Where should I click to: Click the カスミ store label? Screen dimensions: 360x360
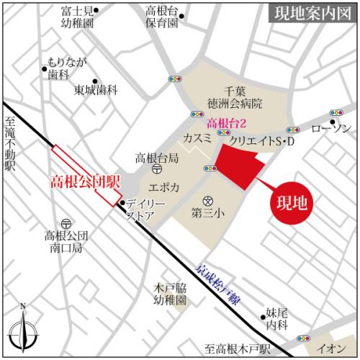click(197, 137)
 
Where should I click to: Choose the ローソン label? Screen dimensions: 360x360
click(331, 128)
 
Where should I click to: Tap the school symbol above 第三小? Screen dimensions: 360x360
click(208, 200)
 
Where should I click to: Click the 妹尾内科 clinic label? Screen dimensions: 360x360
click(277, 318)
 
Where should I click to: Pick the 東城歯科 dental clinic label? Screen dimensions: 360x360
click(96, 90)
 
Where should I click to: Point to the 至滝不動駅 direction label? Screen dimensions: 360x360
click(10, 144)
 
